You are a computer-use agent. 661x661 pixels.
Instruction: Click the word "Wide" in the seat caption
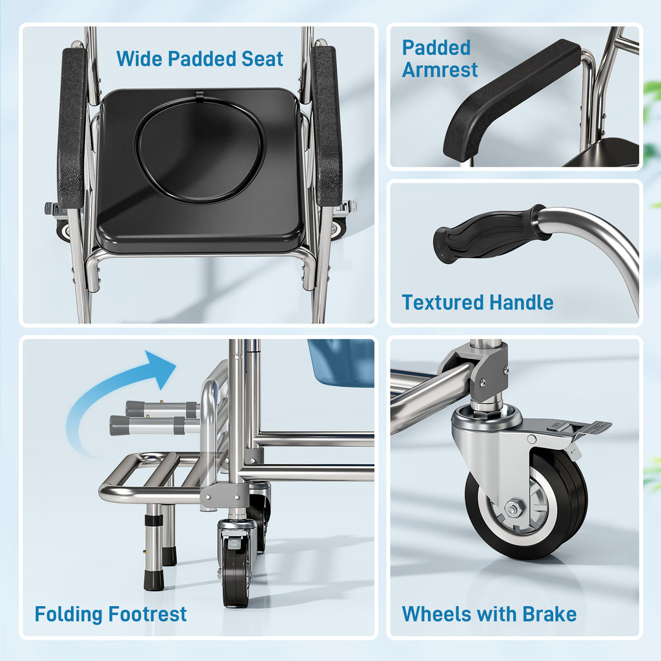139,59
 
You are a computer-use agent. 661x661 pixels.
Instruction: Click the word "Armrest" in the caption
440,70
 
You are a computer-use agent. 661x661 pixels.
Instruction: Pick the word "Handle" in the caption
521,302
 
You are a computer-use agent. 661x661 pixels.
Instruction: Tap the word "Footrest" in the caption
148,614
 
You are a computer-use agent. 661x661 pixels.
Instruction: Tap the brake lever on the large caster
587,429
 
